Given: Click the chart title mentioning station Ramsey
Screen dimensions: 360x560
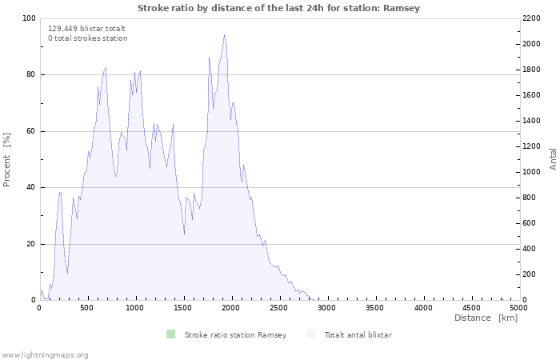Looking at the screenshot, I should [x=278, y=8].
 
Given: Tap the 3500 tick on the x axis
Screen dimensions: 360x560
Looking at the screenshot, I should [x=375, y=307].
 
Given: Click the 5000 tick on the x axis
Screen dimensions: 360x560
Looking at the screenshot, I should [x=518, y=307].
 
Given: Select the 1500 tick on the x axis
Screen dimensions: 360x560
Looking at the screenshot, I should [x=184, y=307].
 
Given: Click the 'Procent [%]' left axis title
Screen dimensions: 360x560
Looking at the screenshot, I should [x=7, y=159].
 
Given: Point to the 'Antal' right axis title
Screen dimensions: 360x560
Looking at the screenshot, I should [x=553, y=158].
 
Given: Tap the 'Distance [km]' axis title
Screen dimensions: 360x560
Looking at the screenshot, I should [x=486, y=318].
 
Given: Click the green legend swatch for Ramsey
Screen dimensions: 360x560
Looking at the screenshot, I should [x=170, y=334].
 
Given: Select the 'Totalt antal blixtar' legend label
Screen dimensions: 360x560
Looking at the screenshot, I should [x=358, y=334].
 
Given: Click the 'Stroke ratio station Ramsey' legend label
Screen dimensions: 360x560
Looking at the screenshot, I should [x=235, y=334].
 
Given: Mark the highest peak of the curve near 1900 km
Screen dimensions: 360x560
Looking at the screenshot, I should [x=224, y=35].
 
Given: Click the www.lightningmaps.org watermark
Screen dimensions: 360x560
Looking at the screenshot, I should [x=45, y=354].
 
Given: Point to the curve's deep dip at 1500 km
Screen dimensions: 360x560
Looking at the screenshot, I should [x=184, y=234].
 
